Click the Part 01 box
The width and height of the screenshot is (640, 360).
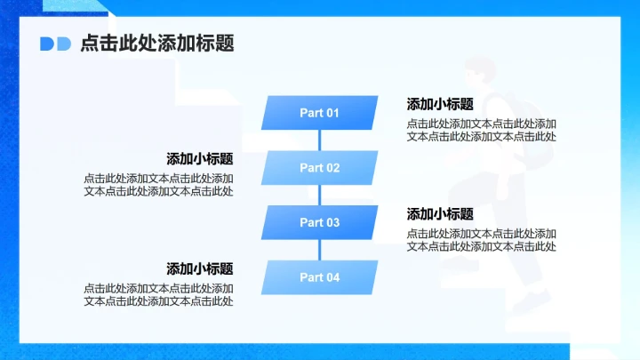point(319,113)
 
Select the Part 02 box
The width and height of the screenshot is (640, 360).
point(319,168)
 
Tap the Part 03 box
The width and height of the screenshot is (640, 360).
point(319,223)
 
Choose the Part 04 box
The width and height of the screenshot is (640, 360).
point(319,277)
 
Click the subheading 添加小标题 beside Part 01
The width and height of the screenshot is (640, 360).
point(440,104)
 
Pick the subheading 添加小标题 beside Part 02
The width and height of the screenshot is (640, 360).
point(200,159)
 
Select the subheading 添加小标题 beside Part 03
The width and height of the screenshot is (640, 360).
point(440,214)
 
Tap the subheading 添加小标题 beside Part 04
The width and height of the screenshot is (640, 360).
point(200,268)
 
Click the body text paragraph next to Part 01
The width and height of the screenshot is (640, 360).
point(482,130)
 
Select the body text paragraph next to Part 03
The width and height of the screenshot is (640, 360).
point(482,240)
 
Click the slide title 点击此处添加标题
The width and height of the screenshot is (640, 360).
point(157,44)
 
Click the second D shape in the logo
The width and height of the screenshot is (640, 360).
point(63,44)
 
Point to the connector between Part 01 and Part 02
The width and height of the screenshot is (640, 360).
point(319,140)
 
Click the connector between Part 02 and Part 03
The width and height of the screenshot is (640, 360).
point(319,196)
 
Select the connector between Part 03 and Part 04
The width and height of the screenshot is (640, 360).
point(319,251)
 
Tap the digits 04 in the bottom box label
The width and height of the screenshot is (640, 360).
point(332,277)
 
